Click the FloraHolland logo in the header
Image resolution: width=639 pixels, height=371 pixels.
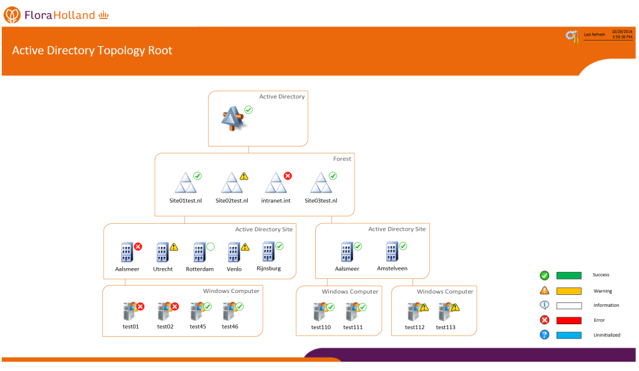[x=59, y=14]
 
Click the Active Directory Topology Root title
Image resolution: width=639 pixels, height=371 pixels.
[x=92, y=51]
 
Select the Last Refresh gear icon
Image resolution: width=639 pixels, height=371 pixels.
[x=572, y=36]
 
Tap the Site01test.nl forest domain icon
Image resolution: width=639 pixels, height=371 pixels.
[x=185, y=184]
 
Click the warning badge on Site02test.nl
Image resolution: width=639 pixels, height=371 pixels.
[x=244, y=176]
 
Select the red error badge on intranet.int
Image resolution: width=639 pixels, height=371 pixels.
[x=288, y=176]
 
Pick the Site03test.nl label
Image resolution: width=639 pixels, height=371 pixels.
[x=321, y=201]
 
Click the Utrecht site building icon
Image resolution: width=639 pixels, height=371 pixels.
[x=162, y=253]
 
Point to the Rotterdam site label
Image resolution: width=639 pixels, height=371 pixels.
[x=200, y=269]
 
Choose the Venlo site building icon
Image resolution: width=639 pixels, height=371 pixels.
[x=233, y=253]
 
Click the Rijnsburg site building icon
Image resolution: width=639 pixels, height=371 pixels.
[x=269, y=251]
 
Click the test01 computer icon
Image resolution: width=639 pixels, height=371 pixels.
[x=130, y=311]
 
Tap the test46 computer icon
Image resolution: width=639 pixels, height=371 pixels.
[x=229, y=311]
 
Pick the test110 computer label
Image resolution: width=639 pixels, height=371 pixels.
[x=321, y=327]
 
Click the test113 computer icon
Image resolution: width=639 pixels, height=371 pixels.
[x=445, y=311]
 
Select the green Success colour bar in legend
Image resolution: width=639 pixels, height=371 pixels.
[x=568, y=275]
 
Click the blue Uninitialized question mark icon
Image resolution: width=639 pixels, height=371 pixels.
[x=544, y=335]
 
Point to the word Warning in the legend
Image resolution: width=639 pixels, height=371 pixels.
[x=602, y=291]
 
